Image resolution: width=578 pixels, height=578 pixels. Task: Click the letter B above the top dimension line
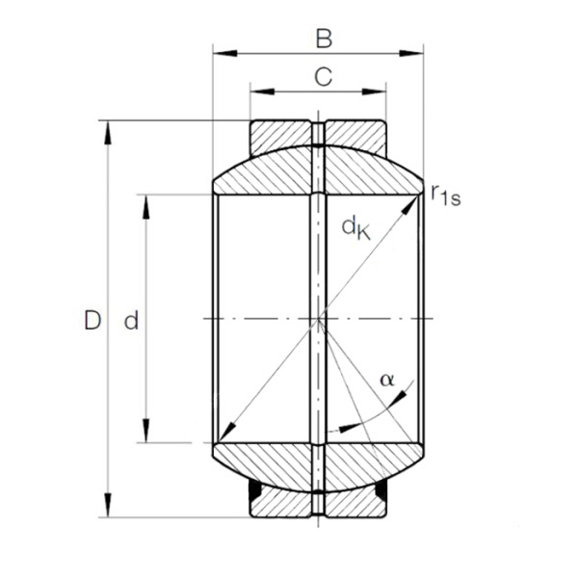tap(324, 39)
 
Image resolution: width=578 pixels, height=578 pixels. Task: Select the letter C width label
tap(324, 77)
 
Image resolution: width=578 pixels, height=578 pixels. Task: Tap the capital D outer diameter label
tap(92, 321)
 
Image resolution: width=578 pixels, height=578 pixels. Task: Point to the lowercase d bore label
tap(131, 322)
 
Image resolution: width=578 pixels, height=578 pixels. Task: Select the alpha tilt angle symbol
tap(387, 380)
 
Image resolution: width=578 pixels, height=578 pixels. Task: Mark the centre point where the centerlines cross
tap(318, 319)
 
